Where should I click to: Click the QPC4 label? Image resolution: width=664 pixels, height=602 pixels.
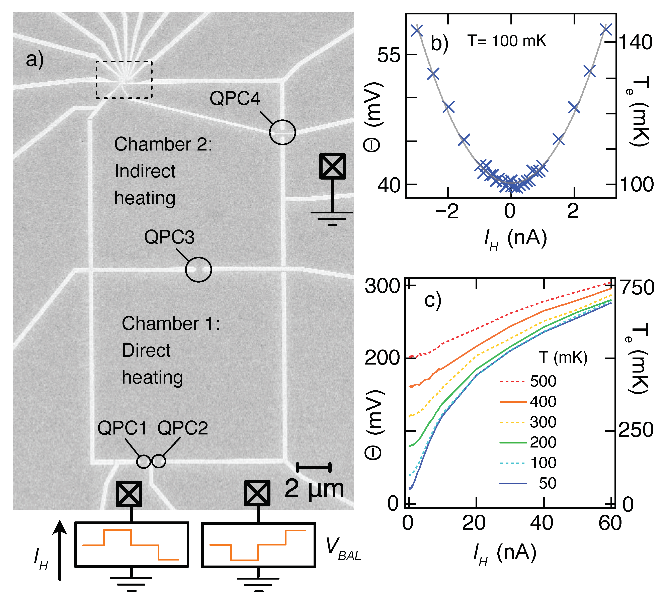coord(235,98)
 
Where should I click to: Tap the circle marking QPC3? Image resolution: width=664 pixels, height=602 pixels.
coord(198,269)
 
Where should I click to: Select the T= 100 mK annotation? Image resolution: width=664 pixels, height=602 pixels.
coord(507,41)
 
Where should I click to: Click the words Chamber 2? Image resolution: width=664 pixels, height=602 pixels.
coord(163,144)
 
